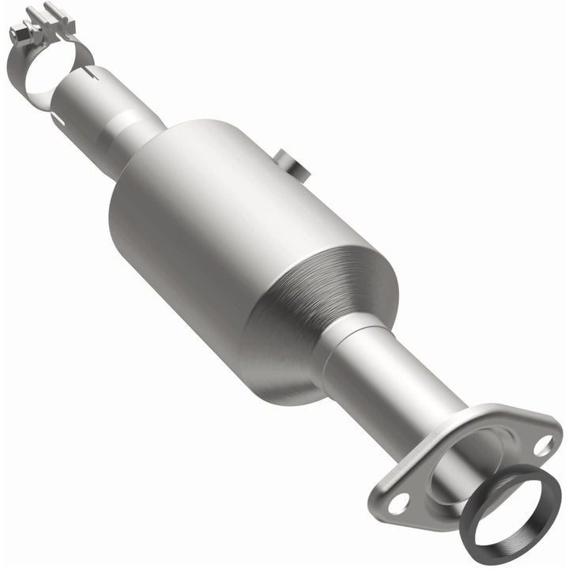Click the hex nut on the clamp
tap(18, 32)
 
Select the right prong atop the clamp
tap(54, 11)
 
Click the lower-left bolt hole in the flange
tap(399, 500)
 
